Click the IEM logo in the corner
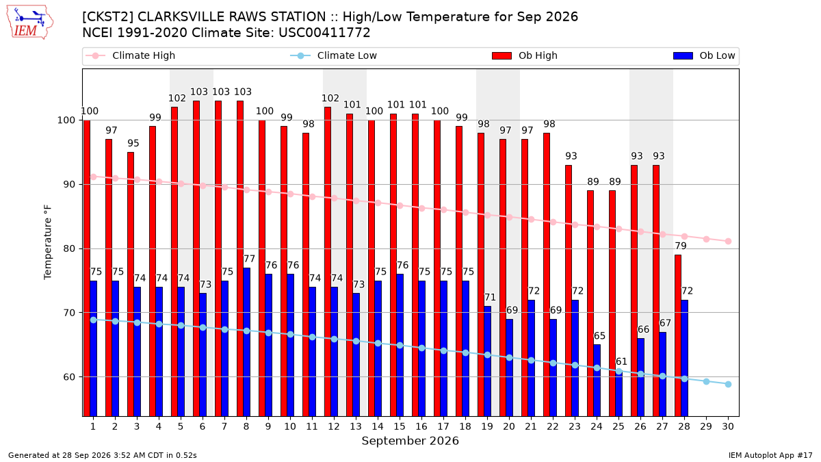coord(29,23)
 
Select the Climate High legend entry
coord(130,55)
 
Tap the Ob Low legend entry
coord(704,55)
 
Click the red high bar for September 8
coord(240,259)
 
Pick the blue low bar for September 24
coord(597,381)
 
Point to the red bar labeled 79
coord(678,335)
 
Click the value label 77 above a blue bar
coord(249,259)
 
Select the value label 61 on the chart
coord(621,361)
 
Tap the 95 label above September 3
coord(133,143)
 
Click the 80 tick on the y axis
coord(69,248)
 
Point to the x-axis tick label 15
coord(400,426)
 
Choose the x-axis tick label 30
coord(728,426)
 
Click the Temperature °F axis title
coord(48,242)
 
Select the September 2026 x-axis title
coord(410,441)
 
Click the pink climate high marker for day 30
coord(728,241)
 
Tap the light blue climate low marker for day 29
coord(706,382)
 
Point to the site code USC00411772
coord(324,33)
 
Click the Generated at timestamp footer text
coord(102,455)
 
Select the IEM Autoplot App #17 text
coord(770,455)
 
